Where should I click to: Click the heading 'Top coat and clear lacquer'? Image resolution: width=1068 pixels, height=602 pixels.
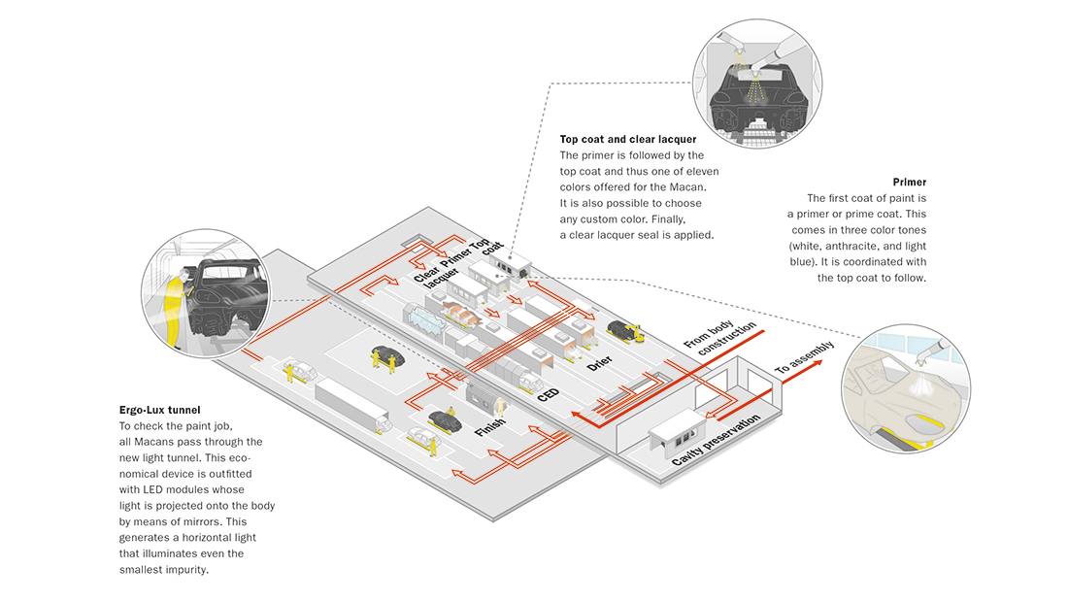627,140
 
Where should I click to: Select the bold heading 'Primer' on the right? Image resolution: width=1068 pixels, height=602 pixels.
909,182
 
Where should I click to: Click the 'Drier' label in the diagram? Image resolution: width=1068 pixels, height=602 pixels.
600,364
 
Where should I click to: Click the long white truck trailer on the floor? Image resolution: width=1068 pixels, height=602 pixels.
350,404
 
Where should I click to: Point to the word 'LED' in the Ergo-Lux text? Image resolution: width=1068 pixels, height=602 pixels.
169,489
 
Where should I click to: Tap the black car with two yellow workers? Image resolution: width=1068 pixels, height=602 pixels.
382,353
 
